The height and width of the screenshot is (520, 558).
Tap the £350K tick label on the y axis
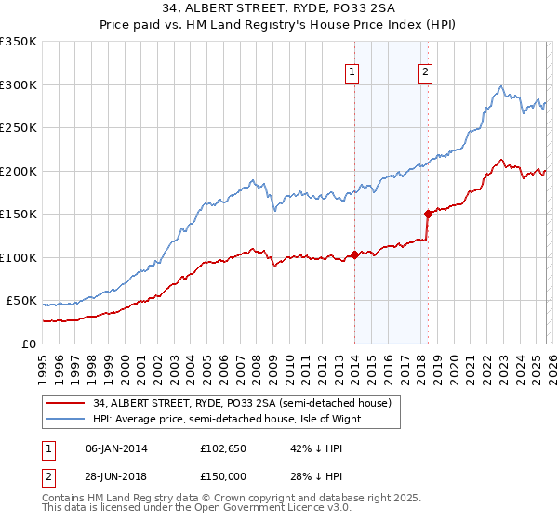19,42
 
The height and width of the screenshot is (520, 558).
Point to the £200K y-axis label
19,171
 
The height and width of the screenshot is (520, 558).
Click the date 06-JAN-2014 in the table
117,448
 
